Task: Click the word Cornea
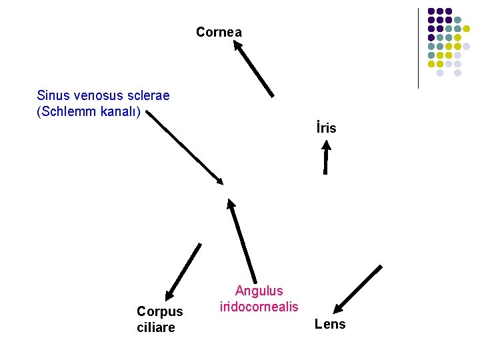(x=219, y=32)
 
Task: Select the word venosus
(x=94, y=95)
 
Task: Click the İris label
(x=326, y=127)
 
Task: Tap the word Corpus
(x=159, y=311)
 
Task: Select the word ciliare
(x=156, y=327)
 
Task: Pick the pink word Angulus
(x=259, y=291)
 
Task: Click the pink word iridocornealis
(x=259, y=307)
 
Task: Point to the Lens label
(x=330, y=325)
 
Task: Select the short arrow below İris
(x=326, y=159)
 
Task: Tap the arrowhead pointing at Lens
(x=339, y=308)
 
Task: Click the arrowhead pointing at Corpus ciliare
(x=169, y=294)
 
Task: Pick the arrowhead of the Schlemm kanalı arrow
(x=219, y=181)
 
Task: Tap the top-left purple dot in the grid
(x=431, y=11)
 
